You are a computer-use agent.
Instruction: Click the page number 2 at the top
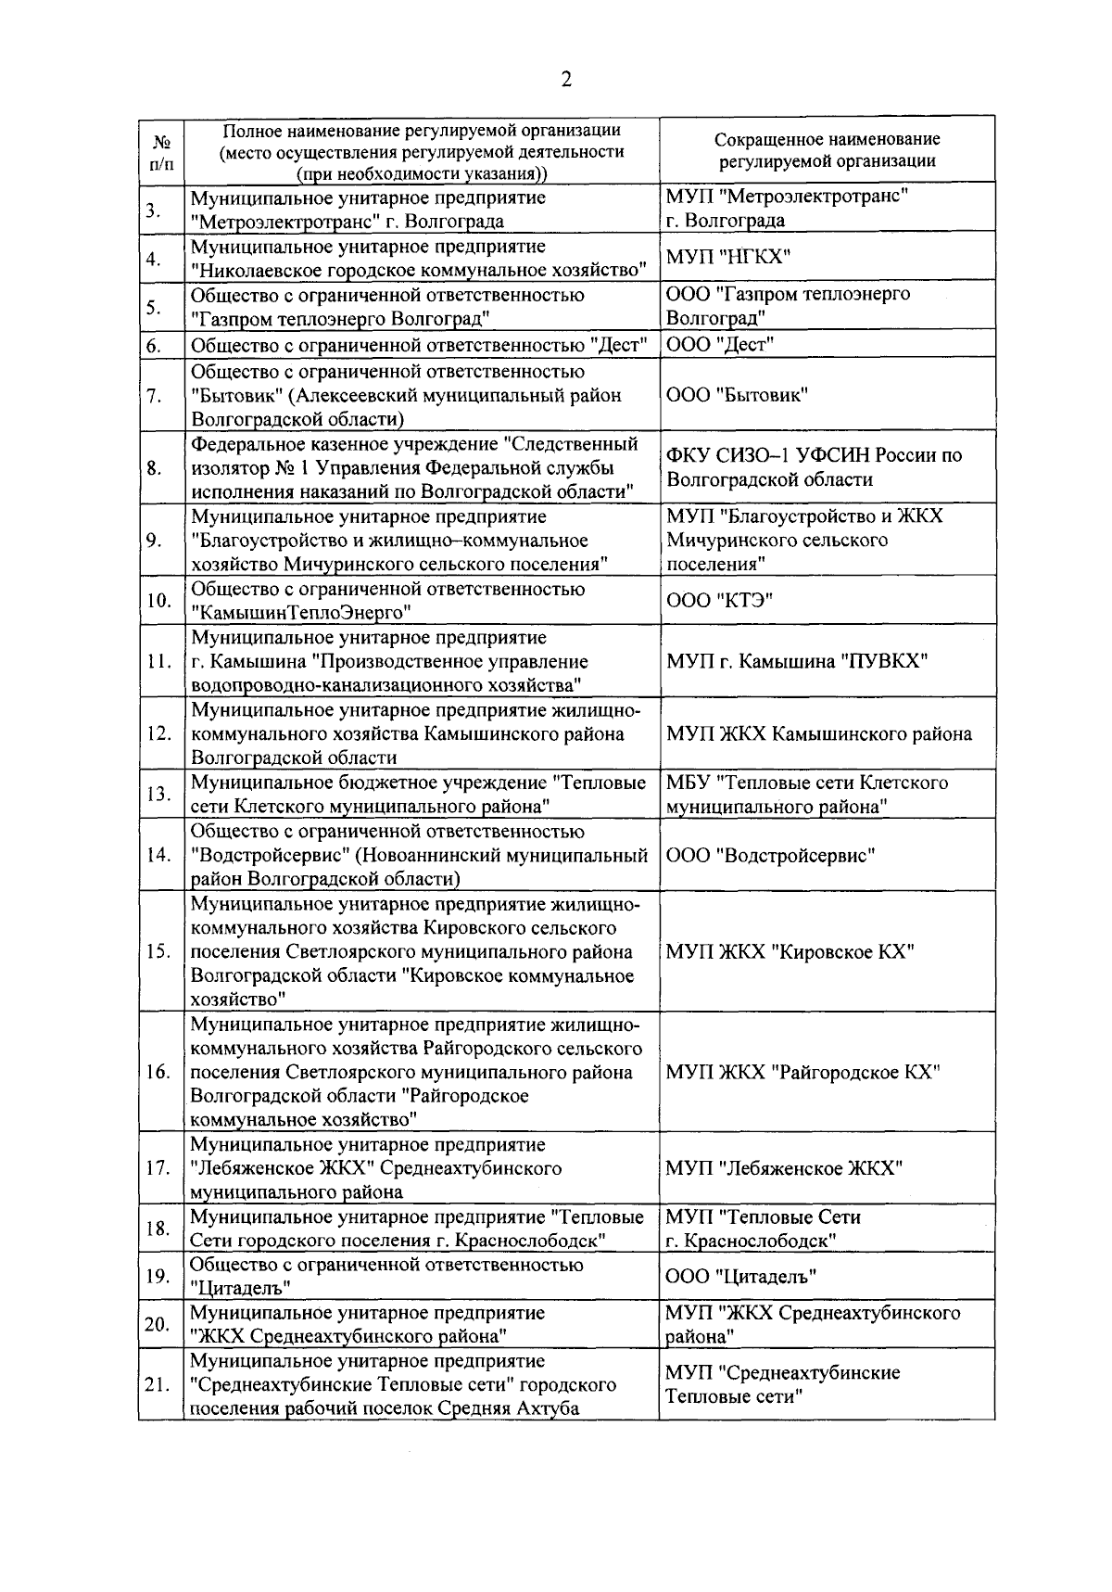coord(565,80)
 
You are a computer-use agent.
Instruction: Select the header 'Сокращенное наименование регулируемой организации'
coord(827,150)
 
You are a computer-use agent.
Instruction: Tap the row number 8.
coord(155,467)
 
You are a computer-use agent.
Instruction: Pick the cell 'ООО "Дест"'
coord(720,345)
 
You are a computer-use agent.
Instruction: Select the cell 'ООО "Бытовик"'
coord(737,395)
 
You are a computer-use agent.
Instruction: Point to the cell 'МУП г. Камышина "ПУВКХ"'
coord(796,661)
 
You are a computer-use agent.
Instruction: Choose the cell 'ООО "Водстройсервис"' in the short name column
coord(770,855)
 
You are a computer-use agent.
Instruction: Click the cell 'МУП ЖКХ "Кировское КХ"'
coord(790,951)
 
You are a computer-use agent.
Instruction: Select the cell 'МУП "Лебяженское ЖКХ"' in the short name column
coord(784,1168)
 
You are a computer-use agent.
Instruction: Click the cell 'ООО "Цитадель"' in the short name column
coord(741,1277)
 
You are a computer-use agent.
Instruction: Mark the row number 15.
coord(158,951)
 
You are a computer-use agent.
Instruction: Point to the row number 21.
coord(158,1385)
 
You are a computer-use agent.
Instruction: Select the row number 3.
coord(153,210)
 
